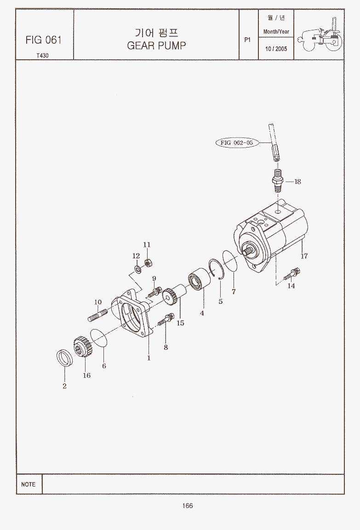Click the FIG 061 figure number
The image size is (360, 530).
44,40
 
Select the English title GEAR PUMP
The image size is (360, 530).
156,46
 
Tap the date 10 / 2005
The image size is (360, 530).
276,49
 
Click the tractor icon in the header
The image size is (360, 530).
320,35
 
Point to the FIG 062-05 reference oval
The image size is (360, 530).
237,142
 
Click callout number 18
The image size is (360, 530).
297,182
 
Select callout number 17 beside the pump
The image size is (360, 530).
304,256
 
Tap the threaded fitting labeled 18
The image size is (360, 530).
278,178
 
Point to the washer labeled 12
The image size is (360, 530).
137,269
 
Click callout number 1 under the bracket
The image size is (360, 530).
149,358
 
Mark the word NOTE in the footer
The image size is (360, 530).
28,484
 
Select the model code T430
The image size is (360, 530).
43,56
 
